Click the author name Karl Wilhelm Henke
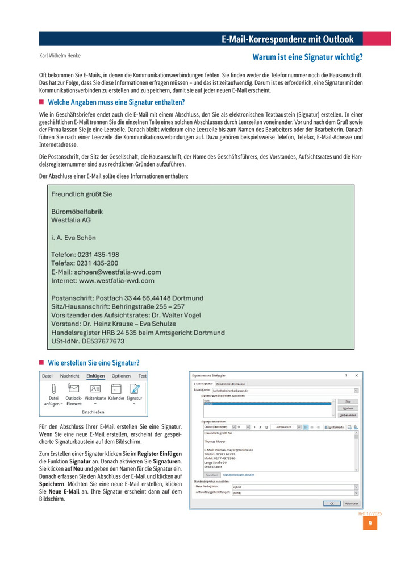(x=60, y=56)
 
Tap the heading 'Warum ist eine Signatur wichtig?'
(x=307, y=57)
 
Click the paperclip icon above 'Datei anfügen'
(x=53, y=388)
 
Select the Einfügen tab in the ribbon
(x=95, y=376)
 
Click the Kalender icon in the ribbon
(x=116, y=388)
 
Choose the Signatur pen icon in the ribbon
(x=135, y=388)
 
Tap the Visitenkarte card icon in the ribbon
(x=95, y=388)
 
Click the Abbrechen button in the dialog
(x=352, y=503)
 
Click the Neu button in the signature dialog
(x=348, y=401)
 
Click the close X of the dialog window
(x=357, y=376)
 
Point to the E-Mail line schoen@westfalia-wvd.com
(x=106, y=272)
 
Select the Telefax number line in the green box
(x=85, y=264)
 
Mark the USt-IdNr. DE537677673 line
(x=88, y=341)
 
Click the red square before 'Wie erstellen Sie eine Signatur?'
(x=41, y=362)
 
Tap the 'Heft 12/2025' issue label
(x=370, y=513)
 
